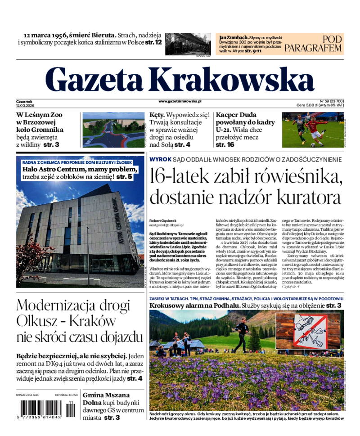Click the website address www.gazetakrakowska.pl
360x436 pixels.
click(180, 102)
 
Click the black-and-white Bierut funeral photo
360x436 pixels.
click(188, 44)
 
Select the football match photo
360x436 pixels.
click(312, 130)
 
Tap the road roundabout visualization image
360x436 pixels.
click(113, 130)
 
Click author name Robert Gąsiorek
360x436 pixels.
click(164, 220)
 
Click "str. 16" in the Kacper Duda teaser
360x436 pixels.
click(225, 145)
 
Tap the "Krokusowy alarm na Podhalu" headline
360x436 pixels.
click(194, 306)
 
